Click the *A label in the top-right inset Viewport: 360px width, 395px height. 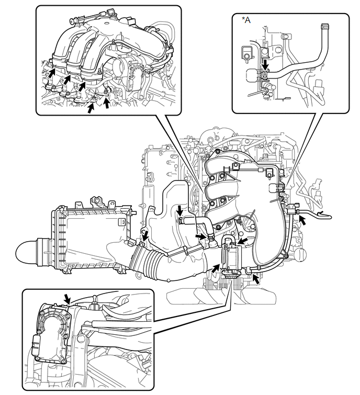click(246, 20)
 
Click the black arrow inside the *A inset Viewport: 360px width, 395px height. click(265, 65)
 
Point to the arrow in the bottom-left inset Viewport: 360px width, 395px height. click(67, 299)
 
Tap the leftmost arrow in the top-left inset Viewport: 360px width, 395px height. click(52, 73)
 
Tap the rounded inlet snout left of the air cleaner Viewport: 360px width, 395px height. click(27, 252)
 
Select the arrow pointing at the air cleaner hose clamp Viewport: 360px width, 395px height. click(145, 236)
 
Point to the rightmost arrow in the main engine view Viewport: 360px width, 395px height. click(303, 221)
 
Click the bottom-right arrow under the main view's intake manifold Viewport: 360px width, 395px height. click(256, 279)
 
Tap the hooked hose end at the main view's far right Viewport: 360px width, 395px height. click(324, 216)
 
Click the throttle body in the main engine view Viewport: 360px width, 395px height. click(232, 258)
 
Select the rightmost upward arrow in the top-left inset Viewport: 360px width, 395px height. click(107, 103)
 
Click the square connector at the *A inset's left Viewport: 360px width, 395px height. click(246, 52)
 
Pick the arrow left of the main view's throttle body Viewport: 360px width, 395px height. click(216, 268)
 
